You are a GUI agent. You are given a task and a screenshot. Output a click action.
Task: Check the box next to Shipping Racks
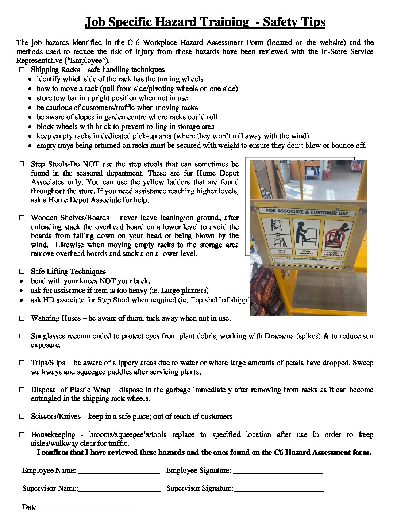tap(22, 69)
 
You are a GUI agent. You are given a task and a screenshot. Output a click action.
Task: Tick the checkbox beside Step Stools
tap(22, 164)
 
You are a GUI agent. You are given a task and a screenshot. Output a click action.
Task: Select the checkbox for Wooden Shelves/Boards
tap(22, 218)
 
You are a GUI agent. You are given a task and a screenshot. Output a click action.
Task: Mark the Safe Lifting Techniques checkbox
tap(22, 272)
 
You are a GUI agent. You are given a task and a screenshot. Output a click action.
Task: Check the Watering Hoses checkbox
tap(22, 318)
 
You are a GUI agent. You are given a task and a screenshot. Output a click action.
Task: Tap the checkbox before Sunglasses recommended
tap(22, 336)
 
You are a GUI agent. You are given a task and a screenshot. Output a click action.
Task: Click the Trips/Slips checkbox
tap(22, 363)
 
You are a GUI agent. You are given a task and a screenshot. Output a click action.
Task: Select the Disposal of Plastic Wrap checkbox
tap(22, 390)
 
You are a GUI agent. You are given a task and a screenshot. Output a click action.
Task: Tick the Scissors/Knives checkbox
tap(22, 417)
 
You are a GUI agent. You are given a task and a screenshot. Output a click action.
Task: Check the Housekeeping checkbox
tap(22, 435)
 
